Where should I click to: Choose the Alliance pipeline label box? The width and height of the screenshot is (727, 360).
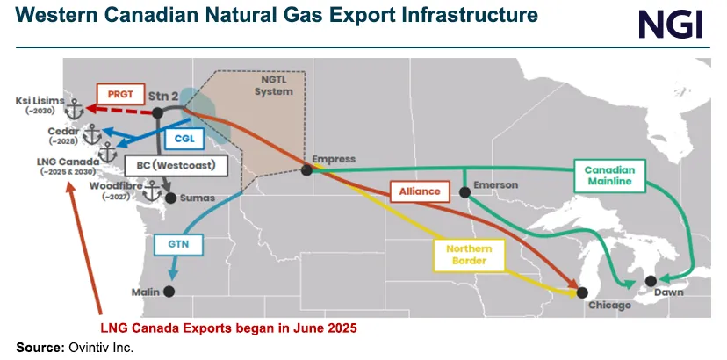coord(413,191)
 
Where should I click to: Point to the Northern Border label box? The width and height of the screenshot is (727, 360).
coord(467,255)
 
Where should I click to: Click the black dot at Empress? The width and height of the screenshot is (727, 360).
coord(306,170)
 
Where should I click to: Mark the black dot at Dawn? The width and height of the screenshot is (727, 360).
coord(651,281)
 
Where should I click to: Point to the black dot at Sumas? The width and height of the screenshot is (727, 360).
coord(170,198)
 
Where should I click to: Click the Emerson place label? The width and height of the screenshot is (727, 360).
coord(495,185)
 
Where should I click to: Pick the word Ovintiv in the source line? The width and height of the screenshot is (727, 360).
coord(85,349)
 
